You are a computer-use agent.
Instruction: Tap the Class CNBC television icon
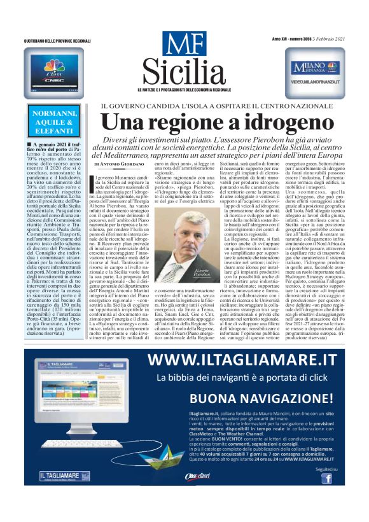tap(55, 72)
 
